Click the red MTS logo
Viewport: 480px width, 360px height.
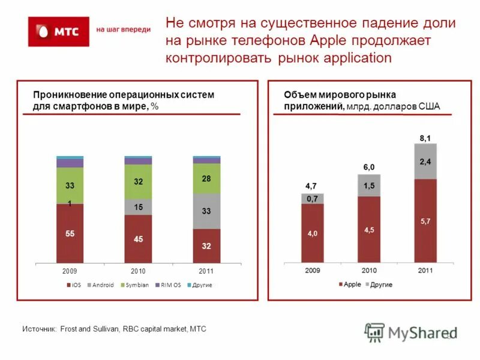(58, 31)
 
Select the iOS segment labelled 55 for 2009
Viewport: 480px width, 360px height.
(70, 233)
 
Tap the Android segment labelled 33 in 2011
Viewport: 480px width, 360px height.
(206, 211)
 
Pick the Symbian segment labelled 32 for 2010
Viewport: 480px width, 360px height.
(138, 181)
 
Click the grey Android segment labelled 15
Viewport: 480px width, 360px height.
(138, 207)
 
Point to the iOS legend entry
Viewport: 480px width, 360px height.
(73, 284)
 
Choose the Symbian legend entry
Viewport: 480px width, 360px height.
(136, 284)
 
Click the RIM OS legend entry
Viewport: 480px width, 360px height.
(168, 284)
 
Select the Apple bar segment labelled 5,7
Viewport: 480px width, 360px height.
(425, 221)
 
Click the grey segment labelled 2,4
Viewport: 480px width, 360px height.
(425, 161)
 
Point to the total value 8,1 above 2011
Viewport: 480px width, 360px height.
(425, 139)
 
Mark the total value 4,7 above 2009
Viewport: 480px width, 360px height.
(312, 186)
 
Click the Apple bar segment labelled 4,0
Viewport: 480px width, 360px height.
(313, 233)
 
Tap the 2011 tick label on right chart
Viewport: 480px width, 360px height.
(425, 271)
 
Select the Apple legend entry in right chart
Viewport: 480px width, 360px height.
(349, 284)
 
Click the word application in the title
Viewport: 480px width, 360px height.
(358, 58)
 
